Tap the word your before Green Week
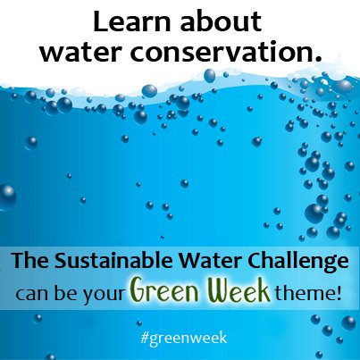point(105,293)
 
